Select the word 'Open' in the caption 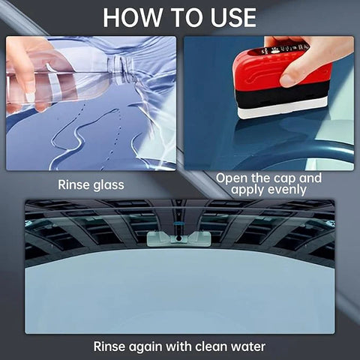pyautogui.click(x=231, y=178)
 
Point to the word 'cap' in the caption pyautogui.click(x=284, y=178)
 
